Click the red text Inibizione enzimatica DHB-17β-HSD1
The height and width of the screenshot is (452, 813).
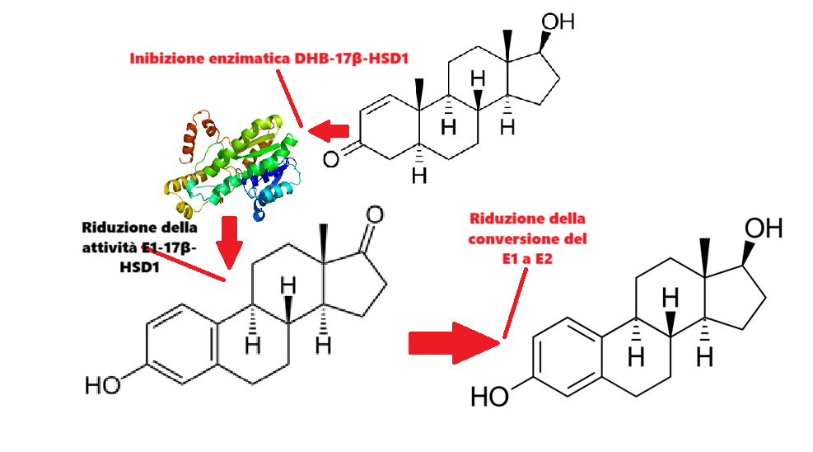pos(269,59)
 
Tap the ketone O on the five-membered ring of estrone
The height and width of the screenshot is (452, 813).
pos(375,215)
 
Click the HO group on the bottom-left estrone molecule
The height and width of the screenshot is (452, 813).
pos(103,384)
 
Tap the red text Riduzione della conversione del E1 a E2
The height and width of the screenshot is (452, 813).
pos(527,239)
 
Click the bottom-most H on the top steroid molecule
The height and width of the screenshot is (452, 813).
pos(419,177)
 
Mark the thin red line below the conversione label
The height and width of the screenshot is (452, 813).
pos(513,305)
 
